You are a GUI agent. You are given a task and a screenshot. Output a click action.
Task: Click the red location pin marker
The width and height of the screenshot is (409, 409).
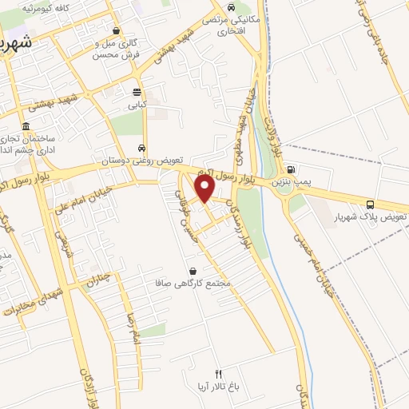(205, 189)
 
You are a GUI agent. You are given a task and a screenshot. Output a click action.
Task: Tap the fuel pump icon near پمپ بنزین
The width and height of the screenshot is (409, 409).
(290, 169)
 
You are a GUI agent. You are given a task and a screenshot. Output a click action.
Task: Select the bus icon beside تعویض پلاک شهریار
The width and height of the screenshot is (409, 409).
(370, 204)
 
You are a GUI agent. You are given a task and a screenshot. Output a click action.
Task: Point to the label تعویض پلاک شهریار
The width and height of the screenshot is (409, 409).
(380, 217)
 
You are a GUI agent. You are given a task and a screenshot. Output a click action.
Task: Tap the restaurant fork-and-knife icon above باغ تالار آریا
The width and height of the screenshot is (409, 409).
(218, 374)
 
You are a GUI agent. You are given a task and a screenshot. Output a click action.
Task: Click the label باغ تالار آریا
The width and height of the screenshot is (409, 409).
(218, 387)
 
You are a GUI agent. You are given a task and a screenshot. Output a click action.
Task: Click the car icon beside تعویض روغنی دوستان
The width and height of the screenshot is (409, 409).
(142, 148)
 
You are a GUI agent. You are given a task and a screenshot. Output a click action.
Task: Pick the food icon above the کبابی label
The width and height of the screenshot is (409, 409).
(137, 91)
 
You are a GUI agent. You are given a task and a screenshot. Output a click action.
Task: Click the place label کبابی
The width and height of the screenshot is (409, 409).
(137, 104)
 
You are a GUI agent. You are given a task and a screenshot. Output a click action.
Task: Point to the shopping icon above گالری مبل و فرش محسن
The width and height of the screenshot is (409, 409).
(117, 30)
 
